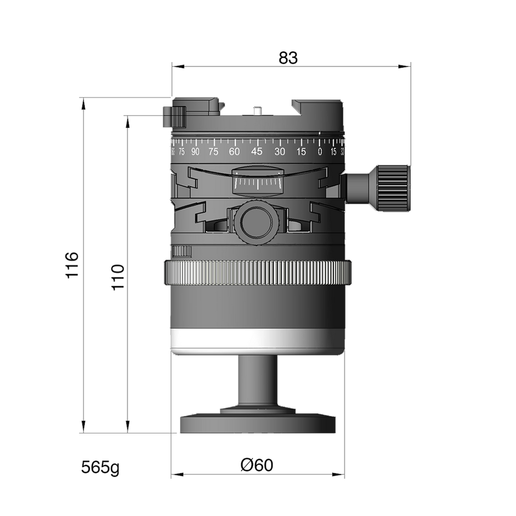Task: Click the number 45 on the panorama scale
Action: point(256,151)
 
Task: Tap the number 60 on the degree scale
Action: point(234,151)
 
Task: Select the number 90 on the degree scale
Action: point(195,151)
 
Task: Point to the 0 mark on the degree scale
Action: point(320,151)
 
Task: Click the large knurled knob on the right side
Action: point(394,188)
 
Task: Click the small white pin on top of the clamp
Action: point(256,110)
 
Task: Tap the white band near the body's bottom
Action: point(258,340)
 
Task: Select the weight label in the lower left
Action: point(100,468)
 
